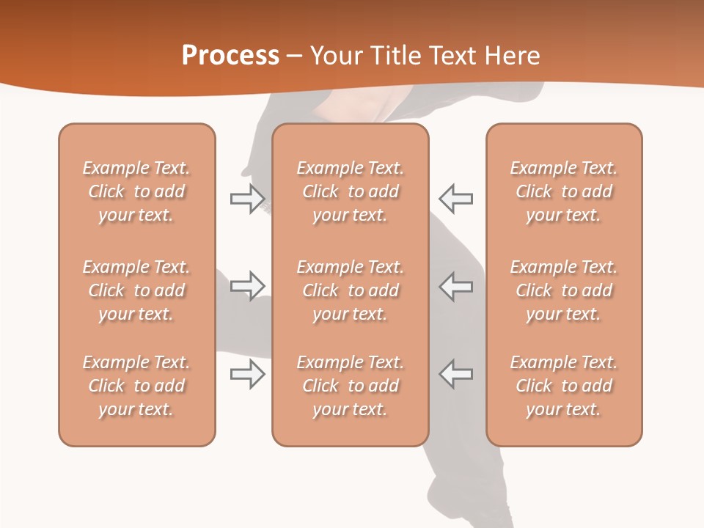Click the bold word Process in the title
coord(230,56)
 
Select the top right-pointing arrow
coord(248,199)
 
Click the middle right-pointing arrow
coord(248,285)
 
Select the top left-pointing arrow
coord(455,199)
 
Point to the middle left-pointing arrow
coord(455,285)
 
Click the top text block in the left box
coord(136,191)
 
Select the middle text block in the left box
coord(136,290)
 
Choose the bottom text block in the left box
coord(136,386)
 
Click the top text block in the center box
coord(350,191)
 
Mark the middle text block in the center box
coord(350,290)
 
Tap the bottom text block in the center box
coord(350,386)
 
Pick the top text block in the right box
coord(564,191)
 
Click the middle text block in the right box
coord(564,290)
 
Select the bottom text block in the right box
coord(564,386)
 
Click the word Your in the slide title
coord(334,56)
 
